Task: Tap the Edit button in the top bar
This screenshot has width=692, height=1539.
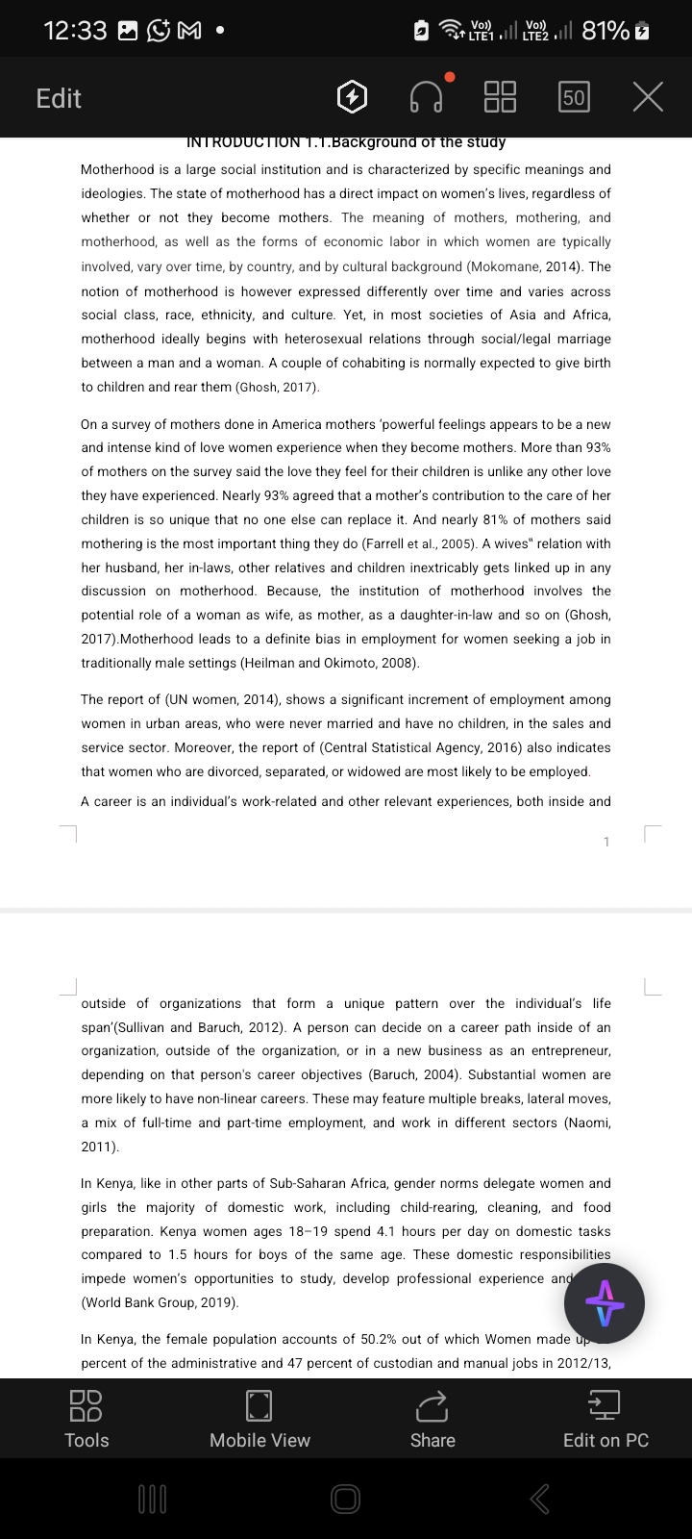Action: tap(59, 98)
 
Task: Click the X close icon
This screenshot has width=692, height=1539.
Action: tap(649, 97)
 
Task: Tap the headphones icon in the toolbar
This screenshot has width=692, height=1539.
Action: tap(427, 97)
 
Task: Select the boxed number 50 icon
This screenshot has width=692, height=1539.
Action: tap(574, 97)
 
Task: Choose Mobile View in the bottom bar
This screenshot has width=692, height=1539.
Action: tap(259, 1419)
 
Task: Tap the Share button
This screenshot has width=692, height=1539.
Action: tap(432, 1419)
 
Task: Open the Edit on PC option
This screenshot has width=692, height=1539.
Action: tap(605, 1419)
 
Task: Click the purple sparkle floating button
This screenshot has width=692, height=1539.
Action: tap(604, 1304)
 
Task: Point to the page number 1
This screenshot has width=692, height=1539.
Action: tap(606, 843)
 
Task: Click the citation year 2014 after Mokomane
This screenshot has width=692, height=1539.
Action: tap(562, 266)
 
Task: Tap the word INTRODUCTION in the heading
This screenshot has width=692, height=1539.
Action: tap(243, 142)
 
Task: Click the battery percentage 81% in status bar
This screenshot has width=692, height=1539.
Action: tap(605, 31)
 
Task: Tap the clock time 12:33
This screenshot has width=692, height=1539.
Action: tap(75, 31)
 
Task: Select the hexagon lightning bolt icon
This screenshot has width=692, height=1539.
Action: tap(353, 97)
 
